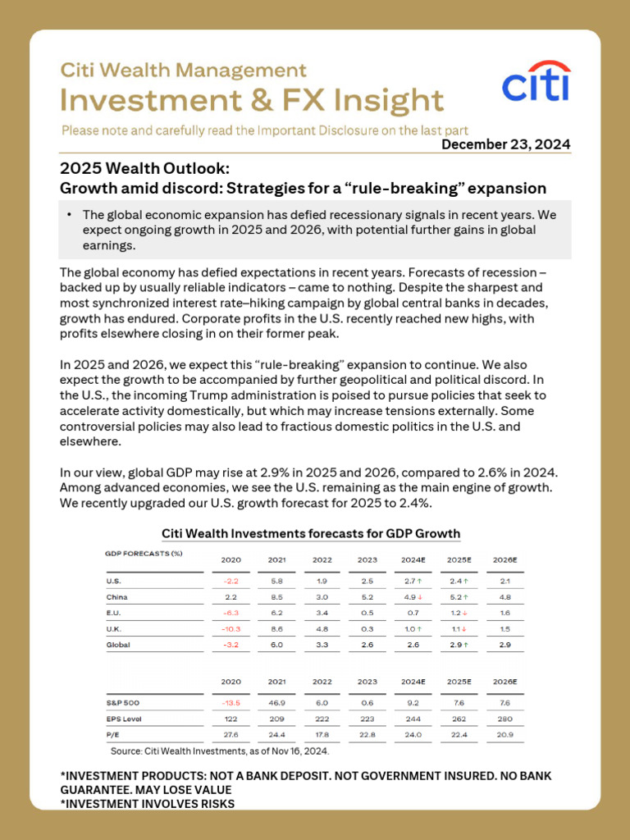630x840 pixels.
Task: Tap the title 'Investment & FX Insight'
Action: [x=252, y=100]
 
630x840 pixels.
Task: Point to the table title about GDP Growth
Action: [x=311, y=533]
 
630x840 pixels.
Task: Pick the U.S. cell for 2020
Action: [x=231, y=582]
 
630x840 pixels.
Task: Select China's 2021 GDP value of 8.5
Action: [x=276, y=597]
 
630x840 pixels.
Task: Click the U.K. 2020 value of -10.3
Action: [x=231, y=629]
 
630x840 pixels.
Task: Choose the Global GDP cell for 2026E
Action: [x=504, y=645]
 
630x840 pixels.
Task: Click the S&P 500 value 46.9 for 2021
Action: [x=276, y=702]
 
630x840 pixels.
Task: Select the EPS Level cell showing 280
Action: [x=504, y=719]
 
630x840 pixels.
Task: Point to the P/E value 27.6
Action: [x=231, y=734]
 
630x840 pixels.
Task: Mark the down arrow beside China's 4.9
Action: [x=421, y=597]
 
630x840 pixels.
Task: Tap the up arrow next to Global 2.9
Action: [x=466, y=645]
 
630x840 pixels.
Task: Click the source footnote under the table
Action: [x=219, y=751]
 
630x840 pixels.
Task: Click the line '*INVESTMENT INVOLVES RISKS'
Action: [x=148, y=804]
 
